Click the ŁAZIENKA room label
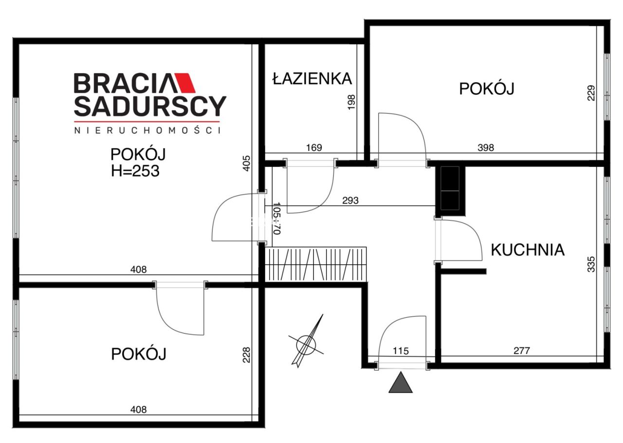[x=311, y=78]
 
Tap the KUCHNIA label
[x=528, y=250]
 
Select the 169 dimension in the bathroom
[x=314, y=148]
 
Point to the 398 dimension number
[x=485, y=148]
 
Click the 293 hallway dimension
[x=350, y=200]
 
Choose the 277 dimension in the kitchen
[x=521, y=350]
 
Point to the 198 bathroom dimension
[x=352, y=103]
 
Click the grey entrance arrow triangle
[x=401, y=383]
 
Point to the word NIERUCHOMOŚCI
[x=147, y=130]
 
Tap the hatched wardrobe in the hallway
[x=316, y=263]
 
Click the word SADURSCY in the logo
[x=150, y=106]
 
